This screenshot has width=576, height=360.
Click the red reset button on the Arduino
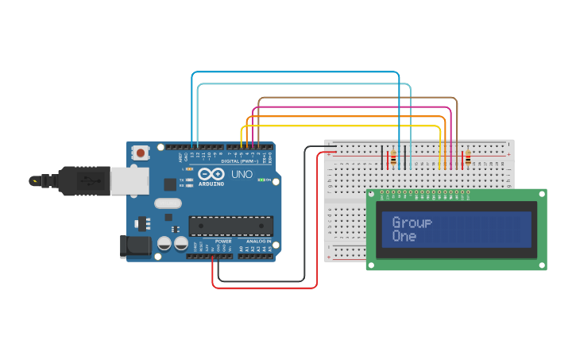(x=141, y=152)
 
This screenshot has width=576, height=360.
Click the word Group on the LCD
(x=412, y=223)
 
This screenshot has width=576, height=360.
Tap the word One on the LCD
(x=404, y=236)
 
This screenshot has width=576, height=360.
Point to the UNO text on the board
(x=241, y=174)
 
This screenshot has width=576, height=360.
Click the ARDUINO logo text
(x=211, y=184)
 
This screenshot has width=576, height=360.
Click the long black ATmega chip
(x=230, y=226)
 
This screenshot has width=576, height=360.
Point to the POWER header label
(x=223, y=241)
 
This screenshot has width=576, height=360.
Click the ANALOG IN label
(x=257, y=241)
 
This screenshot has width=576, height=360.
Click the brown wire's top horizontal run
(x=358, y=98)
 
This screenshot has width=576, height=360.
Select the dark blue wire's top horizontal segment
(x=295, y=72)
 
